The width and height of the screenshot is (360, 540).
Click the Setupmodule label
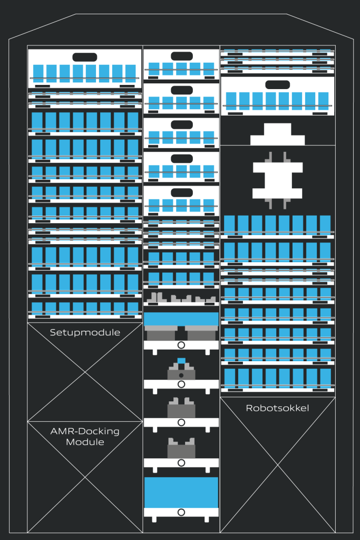(x=85, y=333)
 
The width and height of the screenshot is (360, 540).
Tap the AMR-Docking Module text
(x=85, y=437)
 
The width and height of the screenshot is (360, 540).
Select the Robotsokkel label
(x=277, y=408)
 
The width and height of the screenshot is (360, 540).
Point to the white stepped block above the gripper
(x=277, y=135)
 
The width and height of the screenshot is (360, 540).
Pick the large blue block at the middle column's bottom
(x=181, y=493)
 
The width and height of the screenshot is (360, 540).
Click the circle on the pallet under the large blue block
(x=181, y=512)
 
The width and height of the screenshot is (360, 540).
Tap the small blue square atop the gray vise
(x=181, y=361)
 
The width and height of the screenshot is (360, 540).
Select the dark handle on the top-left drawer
(x=84, y=57)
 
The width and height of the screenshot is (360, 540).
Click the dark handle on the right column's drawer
(x=278, y=84)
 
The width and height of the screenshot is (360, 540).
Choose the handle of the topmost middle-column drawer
(x=181, y=56)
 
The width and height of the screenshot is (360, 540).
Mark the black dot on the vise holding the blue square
(x=181, y=375)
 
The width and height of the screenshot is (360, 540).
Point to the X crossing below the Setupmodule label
(x=85, y=372)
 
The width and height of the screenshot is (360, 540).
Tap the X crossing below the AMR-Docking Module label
(x=85, y=477)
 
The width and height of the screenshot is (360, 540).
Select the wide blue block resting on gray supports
(x=181, y=319)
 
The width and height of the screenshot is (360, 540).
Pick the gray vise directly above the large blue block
(x=181, y=449)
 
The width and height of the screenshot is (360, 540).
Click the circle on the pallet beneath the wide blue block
(x=181, y=345)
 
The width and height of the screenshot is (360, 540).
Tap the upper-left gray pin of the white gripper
(x=270, y=157)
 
